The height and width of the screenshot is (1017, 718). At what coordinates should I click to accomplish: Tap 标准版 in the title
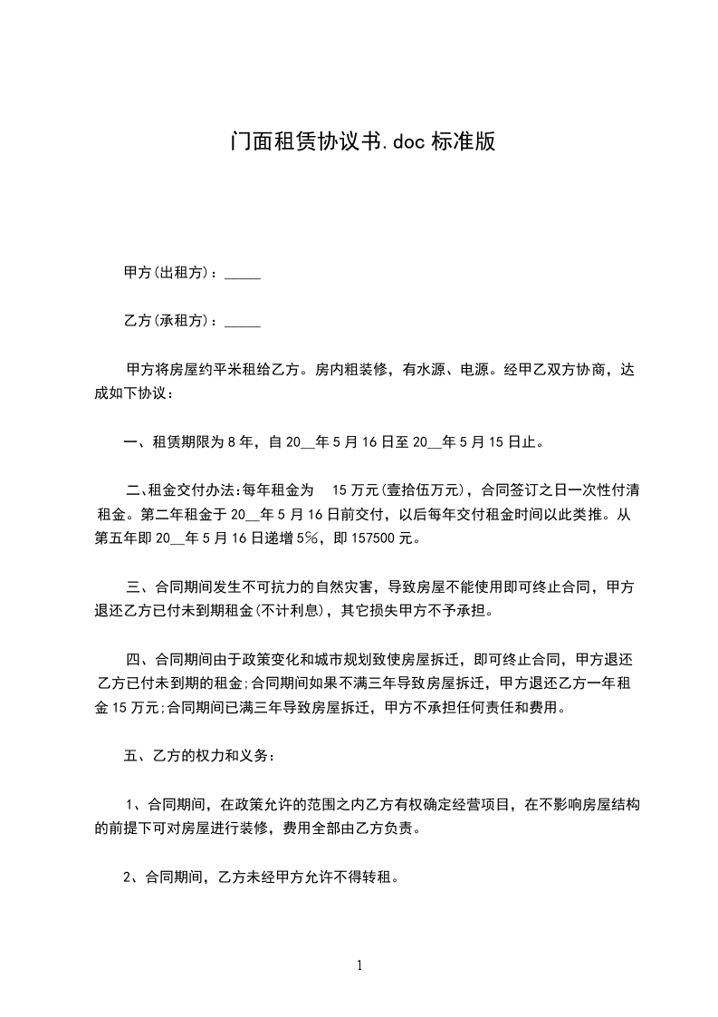(463, 142)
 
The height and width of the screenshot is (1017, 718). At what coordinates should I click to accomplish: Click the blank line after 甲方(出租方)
(242, 273)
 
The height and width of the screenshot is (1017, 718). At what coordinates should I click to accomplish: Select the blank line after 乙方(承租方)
(242, 321)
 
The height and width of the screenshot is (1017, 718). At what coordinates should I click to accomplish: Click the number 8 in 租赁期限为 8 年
(232, 443)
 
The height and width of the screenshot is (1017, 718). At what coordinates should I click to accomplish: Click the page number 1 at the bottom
(359, 965)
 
